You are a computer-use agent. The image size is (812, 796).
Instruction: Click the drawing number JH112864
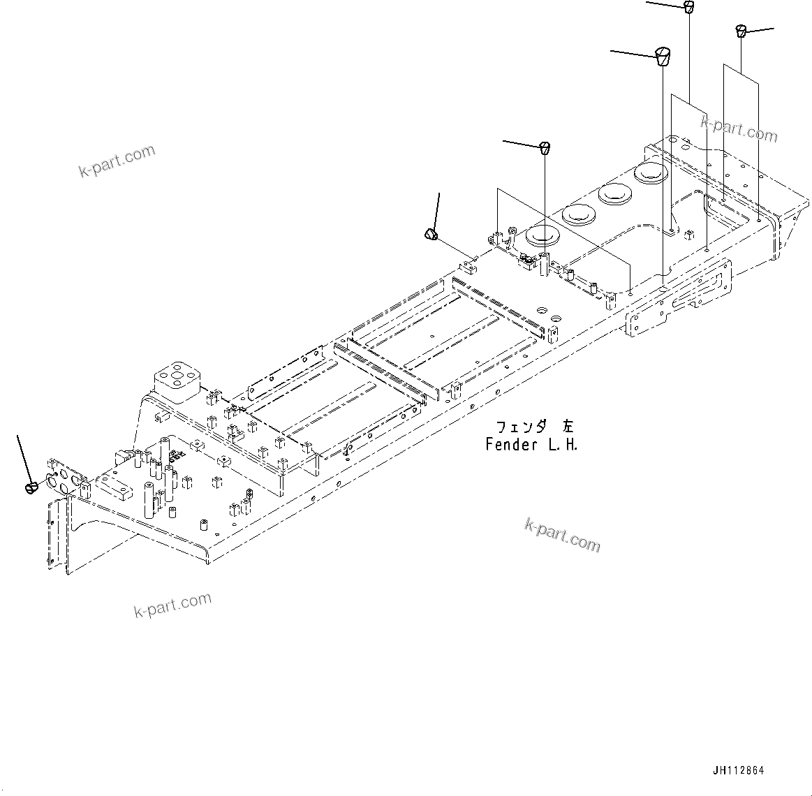pyautogui.click(x=738, y=770)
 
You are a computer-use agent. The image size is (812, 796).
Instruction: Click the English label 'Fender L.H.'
pyautogui.click(x=531, y=444)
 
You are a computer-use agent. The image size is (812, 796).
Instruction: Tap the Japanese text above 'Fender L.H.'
pyautogui.click(x=534, y=427)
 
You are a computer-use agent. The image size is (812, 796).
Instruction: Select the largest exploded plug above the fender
pyautogui.click(x=663, y=55)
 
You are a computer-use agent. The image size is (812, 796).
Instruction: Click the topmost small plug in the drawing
pyautogui.click(x=688, y=8)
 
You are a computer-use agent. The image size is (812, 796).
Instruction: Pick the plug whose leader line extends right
pyautogui.click(x=741, y=31)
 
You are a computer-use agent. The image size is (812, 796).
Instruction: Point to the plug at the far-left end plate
pyautogui.click(x=30, y=487)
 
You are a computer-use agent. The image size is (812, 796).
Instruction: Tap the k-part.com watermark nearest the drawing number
pyautogui.click(x=562, y=534)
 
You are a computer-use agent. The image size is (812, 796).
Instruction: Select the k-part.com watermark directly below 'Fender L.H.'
pyautogui.click(x=562, y=534)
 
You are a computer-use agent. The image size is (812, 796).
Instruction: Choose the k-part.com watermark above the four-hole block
pyautogui.click(x=117, y=161)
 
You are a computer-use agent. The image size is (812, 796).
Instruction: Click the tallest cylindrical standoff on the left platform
pyautogui.click(x=149, y=499)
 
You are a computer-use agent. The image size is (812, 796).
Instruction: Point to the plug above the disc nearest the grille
pyautogui.click(x=545, y=148)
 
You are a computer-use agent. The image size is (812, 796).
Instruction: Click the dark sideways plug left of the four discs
pyautogui.click(x=431, y=234)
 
